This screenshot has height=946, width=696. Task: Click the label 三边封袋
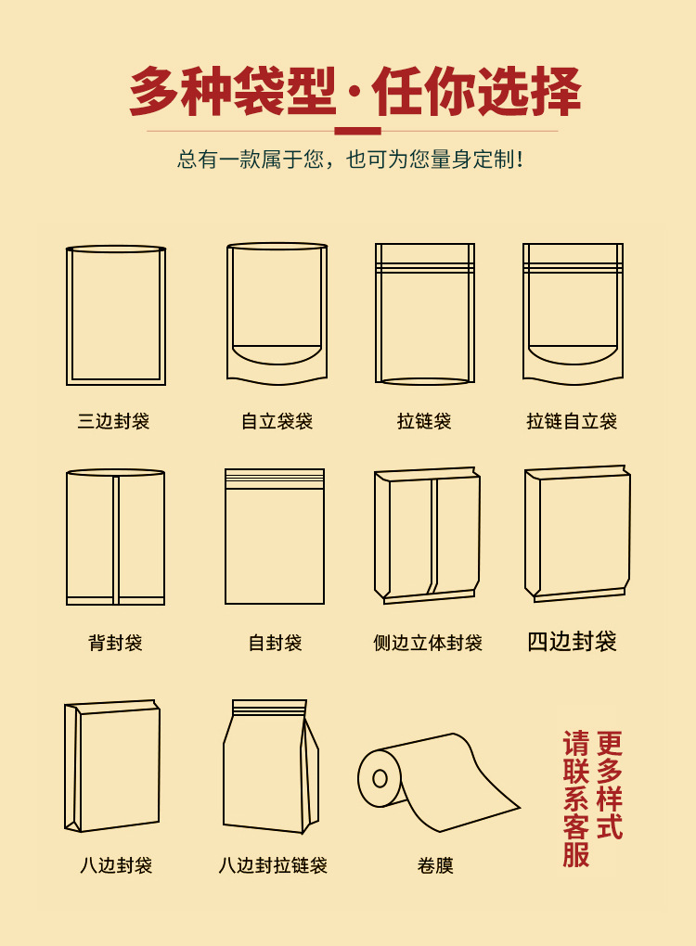(113, 421)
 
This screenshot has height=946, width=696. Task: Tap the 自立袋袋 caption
(277, 421)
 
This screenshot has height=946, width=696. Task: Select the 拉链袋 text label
(424, 421)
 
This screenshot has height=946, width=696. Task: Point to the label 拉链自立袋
(572, 421)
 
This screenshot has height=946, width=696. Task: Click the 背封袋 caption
(115, 643)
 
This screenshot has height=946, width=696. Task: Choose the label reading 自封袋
(276, 643)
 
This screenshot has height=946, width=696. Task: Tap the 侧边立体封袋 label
(428, 643)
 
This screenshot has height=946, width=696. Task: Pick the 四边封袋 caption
(572, 641)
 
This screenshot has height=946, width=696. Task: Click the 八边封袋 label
(116, 865)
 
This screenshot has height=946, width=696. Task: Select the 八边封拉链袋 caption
(273, 865)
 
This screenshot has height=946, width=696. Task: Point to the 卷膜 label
(435, 865)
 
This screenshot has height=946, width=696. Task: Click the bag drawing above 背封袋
(115, 537)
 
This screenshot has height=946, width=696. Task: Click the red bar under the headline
(357, 131)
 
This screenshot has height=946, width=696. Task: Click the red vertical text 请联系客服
(576, 799)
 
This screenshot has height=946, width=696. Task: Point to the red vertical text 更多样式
(609, 785)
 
